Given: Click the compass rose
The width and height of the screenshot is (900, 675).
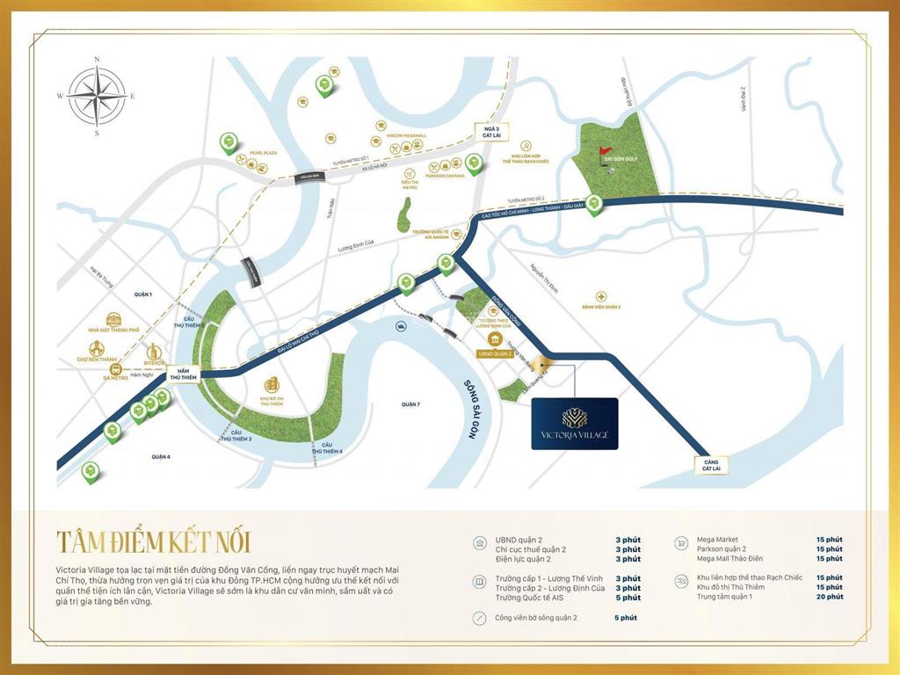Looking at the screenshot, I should tap(97, 97).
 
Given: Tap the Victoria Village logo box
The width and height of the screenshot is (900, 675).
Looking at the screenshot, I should tap(575, 424).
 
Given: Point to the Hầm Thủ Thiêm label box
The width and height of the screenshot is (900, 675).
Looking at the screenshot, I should tap(180, 374).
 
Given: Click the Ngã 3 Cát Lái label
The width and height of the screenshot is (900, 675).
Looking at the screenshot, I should tap(485, 133).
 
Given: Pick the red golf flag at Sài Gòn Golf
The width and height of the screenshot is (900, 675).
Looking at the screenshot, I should tap(603, 154).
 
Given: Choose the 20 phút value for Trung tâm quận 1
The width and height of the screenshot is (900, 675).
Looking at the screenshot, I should tap(829, 597).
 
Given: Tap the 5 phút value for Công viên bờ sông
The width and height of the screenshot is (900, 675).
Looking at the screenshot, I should tap(627, 618).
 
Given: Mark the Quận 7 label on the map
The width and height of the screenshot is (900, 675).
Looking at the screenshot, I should tap(410, 404).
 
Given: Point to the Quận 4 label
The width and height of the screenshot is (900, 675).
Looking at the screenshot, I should tap(159, 457).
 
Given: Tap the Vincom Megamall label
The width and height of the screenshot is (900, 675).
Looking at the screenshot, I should tap(406, 136).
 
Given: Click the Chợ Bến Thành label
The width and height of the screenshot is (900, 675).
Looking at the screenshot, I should tap(96, 359).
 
